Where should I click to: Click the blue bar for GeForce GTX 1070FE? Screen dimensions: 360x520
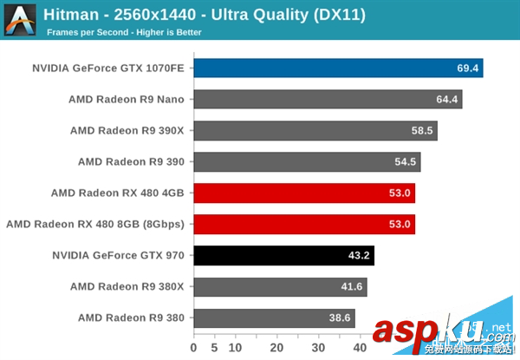[x=338, y=68]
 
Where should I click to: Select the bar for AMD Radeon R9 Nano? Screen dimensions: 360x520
[x=328, y=99]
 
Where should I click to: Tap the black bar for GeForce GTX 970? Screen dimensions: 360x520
[x=283, y=255]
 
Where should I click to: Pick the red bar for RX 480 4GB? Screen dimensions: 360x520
[x=304, y=193]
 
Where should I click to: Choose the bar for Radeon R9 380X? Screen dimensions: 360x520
[x=280, y=286]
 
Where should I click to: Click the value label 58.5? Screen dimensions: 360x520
[x=423, y=130]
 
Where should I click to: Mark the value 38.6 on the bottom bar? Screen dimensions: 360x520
[x=340, y=317]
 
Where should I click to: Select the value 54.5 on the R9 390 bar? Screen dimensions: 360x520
[x=406, y=161]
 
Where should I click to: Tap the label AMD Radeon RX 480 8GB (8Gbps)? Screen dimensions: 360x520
[x=95, y=224]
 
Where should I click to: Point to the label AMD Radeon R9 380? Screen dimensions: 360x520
[x=131, y=317]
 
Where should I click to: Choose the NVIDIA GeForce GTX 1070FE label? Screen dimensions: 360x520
[x=108, y=68]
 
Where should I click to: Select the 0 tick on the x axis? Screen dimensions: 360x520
[x=194, y=348]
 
